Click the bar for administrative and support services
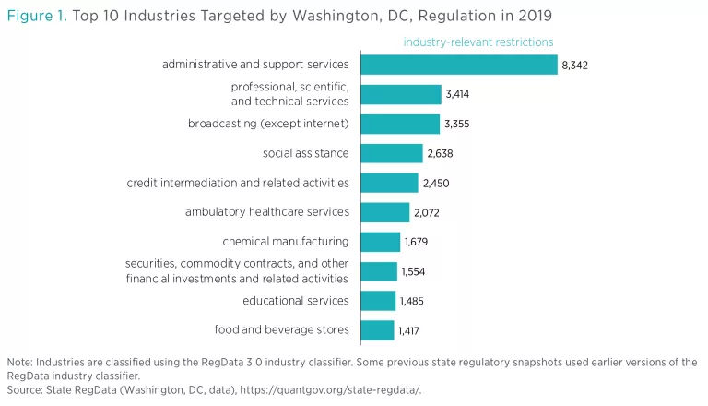click(459, 65)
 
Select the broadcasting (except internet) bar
click(400, 124)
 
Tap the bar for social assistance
click(392, 153)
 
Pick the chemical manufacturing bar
click(381, 242)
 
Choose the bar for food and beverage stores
click(377, 330)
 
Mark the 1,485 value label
click(410, 301)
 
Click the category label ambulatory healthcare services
click(267, 212)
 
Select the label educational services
click(296, 301)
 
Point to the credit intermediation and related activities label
click(238, 183)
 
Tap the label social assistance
click(306, 153)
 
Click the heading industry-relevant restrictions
click(478, 42)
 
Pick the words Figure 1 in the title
click(36, 16)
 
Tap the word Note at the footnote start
click(19, 362)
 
